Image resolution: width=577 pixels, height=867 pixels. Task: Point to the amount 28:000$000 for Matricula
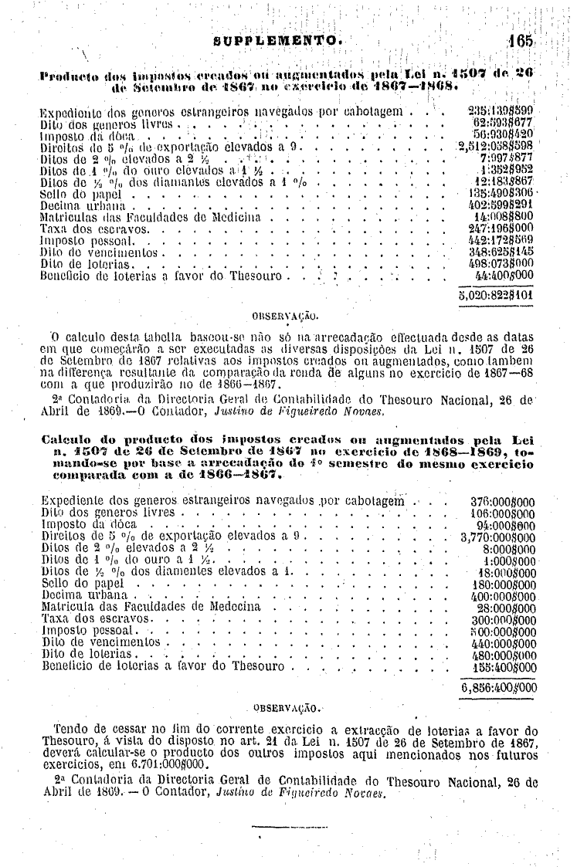pyautogui.click(x=507, y=608)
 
